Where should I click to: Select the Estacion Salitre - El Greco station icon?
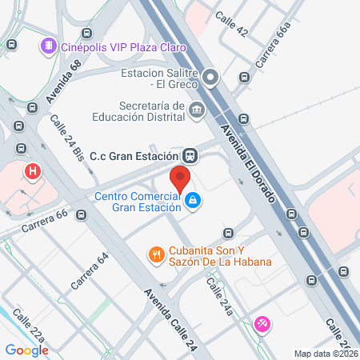pyautogui.click(x=210, y=78)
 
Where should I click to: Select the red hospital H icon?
pyautogui.click(x=33, y=170)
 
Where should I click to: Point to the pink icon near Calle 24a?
pyautogui.click(x=261, y=323)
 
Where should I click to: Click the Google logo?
pyautogui.click(x=26, y=350)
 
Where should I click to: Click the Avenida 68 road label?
pyautogui.click(x=64, y=83)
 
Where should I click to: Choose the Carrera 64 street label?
pyautogui.click(x=89, y=270)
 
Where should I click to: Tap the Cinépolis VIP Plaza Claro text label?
pyautogui.click(x=123, y=47)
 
